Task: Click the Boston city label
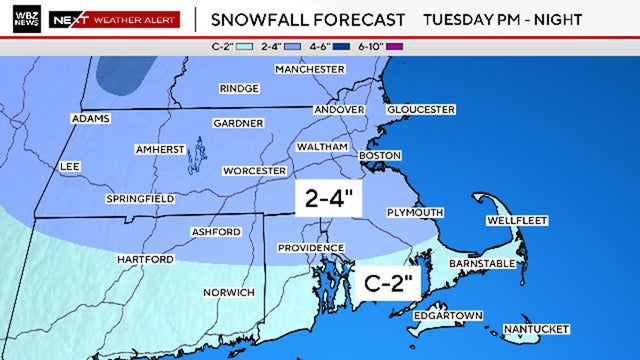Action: pyautogui.click(x=380, y=156)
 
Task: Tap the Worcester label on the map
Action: pyautogui.click(x=254, y=171)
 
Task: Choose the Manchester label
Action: pyautogui.click(x=310, y=69)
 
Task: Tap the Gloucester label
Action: pyautogui.click(x=421, y=109)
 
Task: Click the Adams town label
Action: pyautogui.click(x=90, y=119)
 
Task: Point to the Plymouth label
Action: pyautogui.click(x=415, y=212)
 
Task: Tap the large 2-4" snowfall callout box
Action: pyautogui.click(x=325, y=198)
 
